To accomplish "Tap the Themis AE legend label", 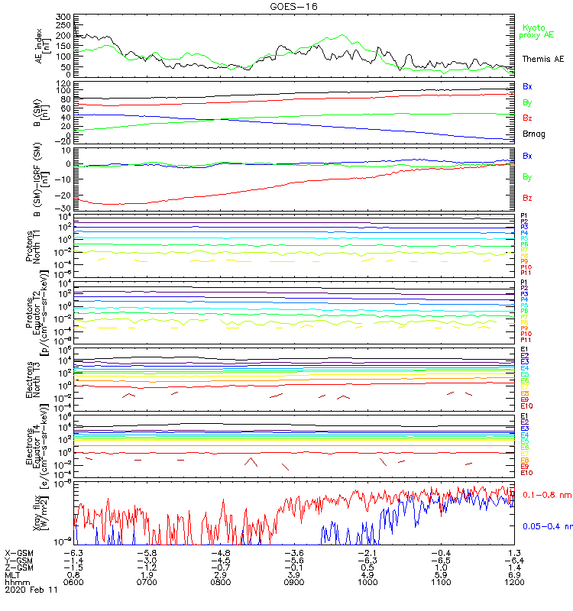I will pyautogui.click(x=542, y=59).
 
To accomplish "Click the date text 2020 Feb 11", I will pyautogui.click(x=28, y=590).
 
